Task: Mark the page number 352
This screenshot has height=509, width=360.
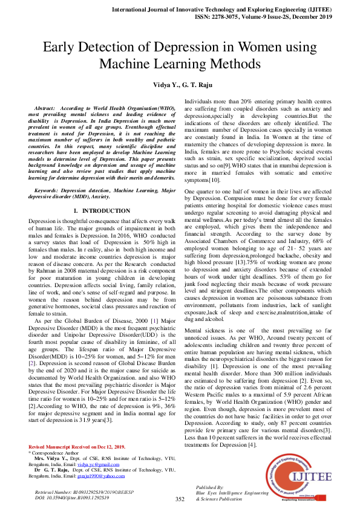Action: tap(180, 499)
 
